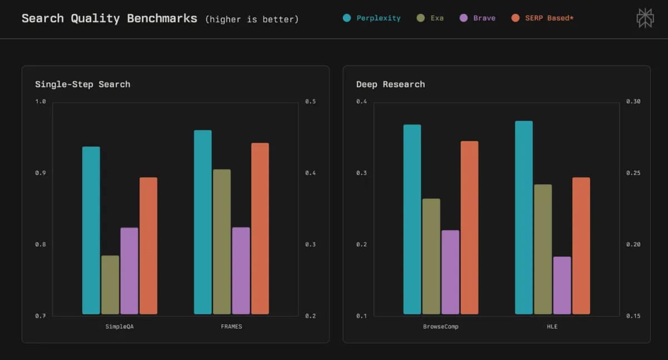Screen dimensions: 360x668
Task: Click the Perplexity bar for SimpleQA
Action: (x=91, y=230)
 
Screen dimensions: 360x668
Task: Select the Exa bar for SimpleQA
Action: (x=110, y=285)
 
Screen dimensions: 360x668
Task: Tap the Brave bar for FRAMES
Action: (x=241, y=270)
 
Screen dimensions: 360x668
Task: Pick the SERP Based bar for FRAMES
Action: (x=260, y=229)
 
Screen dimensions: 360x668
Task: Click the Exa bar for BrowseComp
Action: (x=431, y=256)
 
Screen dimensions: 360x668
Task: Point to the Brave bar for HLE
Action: (x=562, y=285)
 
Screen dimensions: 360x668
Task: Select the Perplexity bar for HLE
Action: (x=524, y=217)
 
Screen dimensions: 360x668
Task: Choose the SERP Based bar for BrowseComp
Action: (x=469, y=228)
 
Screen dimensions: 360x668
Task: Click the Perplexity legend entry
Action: (x=372, y=18)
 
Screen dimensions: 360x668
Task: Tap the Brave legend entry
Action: (x=477, y=18)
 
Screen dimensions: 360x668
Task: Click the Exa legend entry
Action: (x=430, y=18)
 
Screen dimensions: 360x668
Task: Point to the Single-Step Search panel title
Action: (x=82, y=84)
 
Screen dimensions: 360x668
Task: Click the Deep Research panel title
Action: (x=390, y=84)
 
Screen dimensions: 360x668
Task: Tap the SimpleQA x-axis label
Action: (x=120, y=327)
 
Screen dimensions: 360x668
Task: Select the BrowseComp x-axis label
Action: (x=441, y=327)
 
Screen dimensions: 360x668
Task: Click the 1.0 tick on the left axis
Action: (x=41, y=101)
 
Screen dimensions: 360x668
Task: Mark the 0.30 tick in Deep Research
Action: (x=633, y=101)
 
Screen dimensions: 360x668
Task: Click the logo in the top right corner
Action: (x=645, y=18)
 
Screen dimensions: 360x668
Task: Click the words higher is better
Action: (x=252, y=19)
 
